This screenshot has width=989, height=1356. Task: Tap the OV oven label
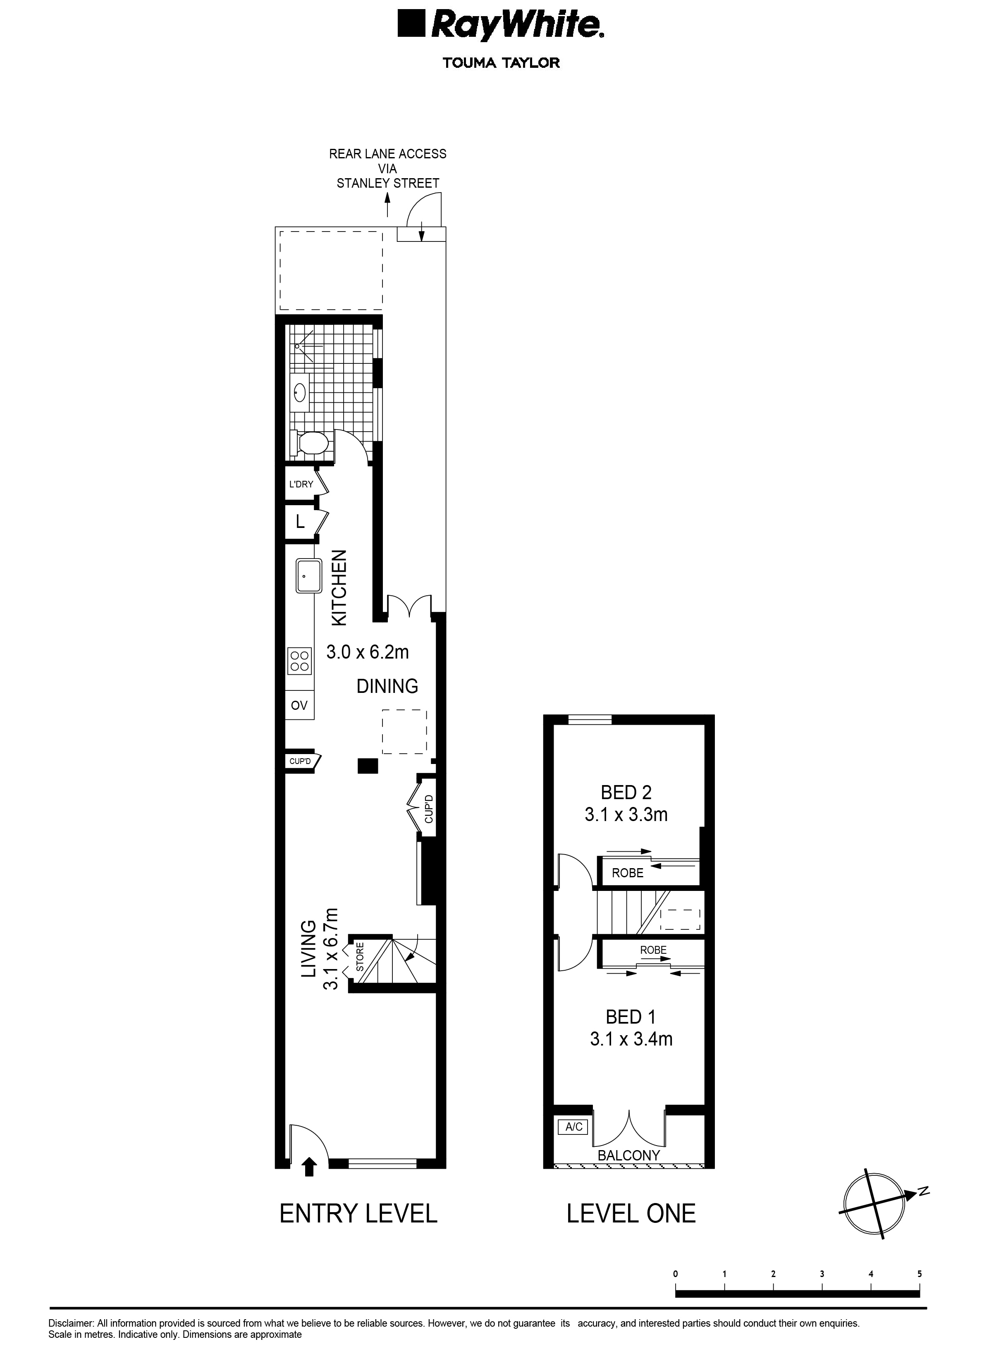pyautogui.click(x=299, y=705)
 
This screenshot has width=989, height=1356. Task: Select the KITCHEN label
pyautogui.click(x=339, y=588)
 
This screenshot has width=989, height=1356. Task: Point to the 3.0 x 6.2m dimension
pyautogui.click(x=368, y=652)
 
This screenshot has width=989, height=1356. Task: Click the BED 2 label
pyautogui.click(x=626, y=793)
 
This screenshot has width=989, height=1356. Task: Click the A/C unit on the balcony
pyautogui.click(x=573, y=1127)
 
